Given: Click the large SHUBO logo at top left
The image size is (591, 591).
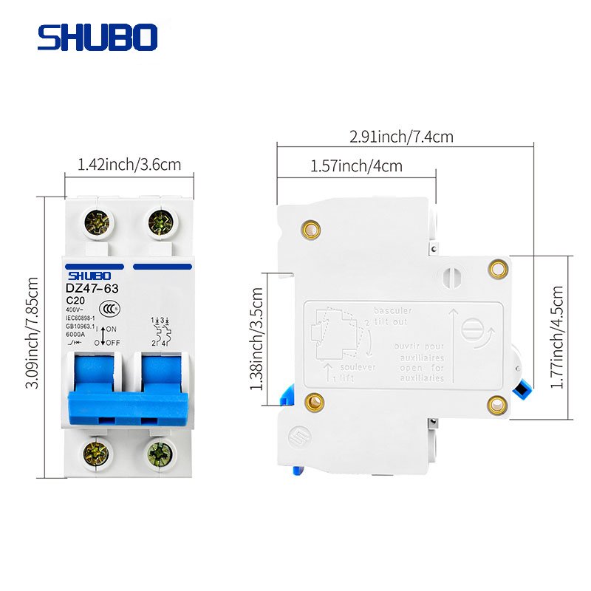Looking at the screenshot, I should [97, 37].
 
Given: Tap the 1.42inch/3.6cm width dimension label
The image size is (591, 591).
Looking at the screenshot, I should [129, 164].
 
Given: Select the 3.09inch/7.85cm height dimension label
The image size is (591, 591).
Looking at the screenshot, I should [31, 336].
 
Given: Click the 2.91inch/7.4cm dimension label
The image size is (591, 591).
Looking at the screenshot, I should [402, 137].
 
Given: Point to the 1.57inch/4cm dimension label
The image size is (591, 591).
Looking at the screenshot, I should [357, 165].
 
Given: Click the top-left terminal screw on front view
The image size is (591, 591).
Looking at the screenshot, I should [98, 221].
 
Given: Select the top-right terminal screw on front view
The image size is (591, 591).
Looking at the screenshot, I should [160, 221].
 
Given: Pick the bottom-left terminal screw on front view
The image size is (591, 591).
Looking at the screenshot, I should [97, 451].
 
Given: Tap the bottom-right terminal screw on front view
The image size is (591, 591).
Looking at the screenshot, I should [159, 451].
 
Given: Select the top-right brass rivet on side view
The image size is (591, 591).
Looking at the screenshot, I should [499, 268].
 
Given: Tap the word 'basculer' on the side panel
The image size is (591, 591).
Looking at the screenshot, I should [393, 310].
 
